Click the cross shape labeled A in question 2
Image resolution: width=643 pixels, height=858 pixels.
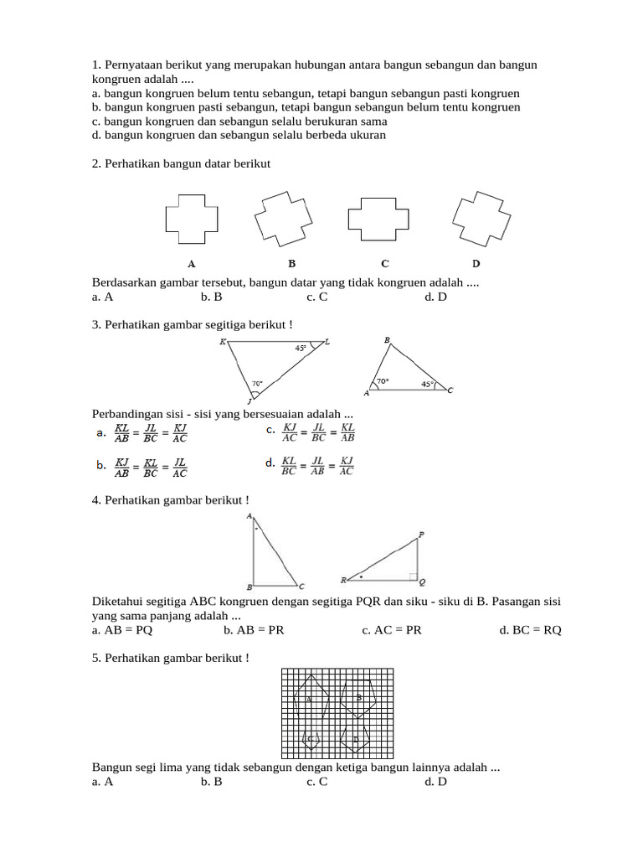tap(192, 218)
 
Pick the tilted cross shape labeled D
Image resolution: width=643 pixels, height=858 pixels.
tap(481, 218)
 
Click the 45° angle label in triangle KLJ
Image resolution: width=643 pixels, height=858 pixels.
tap(301, 348)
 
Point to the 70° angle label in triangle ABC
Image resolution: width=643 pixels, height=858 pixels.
tap(383, 381)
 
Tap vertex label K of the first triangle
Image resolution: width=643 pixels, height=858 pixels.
tap(223, 342)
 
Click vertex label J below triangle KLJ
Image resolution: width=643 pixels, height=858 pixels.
tap(248, 401)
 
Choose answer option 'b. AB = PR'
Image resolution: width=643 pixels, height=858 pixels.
tap(254, 630)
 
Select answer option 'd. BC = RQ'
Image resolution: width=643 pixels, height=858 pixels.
tap(530, 630)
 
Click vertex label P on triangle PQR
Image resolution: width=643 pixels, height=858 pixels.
tap(420, 534)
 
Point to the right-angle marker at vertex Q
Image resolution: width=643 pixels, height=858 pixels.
tap(413, 576)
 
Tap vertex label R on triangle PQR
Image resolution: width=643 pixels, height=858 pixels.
tap(342, 580)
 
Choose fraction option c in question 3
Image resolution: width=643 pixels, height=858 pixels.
tap(311, 432)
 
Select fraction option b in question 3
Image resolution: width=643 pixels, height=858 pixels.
tap(141, 467)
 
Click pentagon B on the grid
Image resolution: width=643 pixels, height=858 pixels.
tap(359, 697)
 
